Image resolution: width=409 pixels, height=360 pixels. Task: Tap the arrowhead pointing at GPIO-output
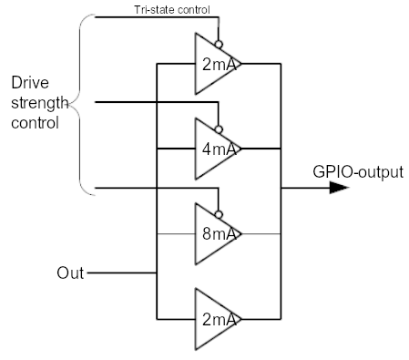point(338,188)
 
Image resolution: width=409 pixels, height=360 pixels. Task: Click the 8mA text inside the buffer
point(220,234)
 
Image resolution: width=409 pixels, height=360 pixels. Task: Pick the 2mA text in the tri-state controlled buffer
point(220,65)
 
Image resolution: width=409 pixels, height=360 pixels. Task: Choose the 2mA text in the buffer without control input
point(220,319)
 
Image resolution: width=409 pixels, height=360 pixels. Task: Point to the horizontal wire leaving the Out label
point(118,273)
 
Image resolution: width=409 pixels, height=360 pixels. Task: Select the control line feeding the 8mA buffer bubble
point(155,189)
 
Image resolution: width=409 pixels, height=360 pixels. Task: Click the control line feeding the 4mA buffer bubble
point(155,102)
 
